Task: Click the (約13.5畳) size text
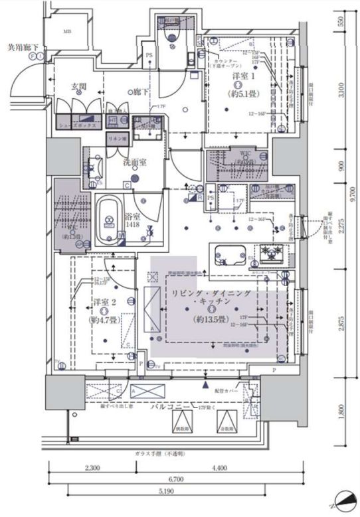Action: click(209, 319)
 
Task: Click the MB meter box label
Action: click(66, 31)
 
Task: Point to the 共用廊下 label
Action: click(22, 47)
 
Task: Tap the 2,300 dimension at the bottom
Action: click(92, 469)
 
